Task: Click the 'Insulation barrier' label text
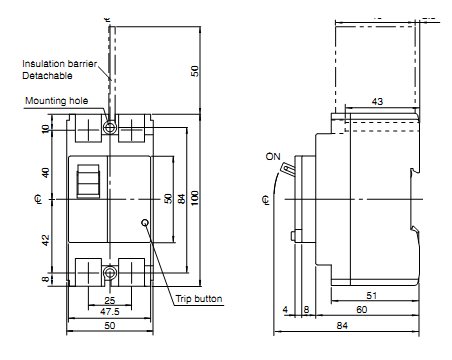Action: (x=59, y=64)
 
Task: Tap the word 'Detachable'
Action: (x=47, y=76)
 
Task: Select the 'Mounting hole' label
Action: (x=57, y=101)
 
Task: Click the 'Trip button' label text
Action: (x=199, y=299)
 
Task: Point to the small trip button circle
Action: (x=145, y=223)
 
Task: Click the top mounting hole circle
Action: (x=109, y=127)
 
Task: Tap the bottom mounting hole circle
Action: (x=109, y=273)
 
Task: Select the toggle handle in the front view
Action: (x=88, y=181)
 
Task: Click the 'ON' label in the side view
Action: (x=273, y=156)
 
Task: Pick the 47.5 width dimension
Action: (x=110, y=312)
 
